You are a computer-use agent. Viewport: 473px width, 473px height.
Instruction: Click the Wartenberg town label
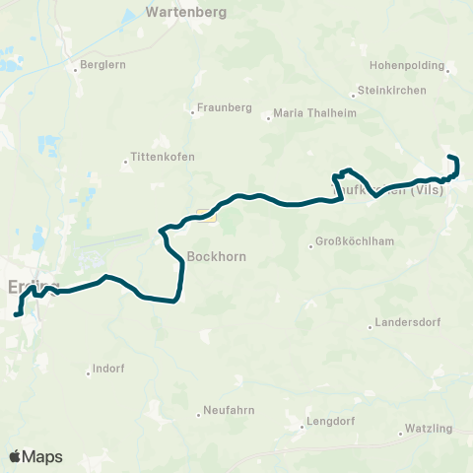point(186,13)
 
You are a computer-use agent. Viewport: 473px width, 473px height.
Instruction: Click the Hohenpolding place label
point(404,64)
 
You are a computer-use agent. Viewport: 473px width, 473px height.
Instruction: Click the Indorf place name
point(108,370)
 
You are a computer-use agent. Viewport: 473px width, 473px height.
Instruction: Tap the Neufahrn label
point(231,410)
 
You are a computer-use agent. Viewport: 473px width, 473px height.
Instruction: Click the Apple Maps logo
point(35,456)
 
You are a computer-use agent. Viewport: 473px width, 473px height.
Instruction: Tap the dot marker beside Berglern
point(74,69)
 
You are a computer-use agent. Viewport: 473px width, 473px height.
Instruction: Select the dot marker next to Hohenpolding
point(448,70)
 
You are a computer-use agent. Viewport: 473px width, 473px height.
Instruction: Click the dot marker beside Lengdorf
point(303,427)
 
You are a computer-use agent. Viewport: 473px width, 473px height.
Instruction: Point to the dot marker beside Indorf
point(86,370)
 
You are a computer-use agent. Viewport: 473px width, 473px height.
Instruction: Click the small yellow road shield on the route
point(204,214)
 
